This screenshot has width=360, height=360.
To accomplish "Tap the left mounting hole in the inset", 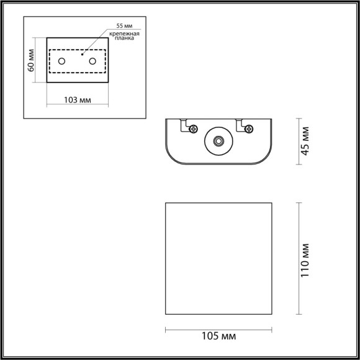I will tap(61, 61).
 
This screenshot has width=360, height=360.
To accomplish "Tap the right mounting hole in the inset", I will tap(93, 61).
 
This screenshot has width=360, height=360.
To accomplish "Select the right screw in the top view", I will tap(249, 128).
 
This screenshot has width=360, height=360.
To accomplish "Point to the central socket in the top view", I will tap(218, 142).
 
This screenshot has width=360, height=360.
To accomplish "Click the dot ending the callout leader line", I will tap(83, 55).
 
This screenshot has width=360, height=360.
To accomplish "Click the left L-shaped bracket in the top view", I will tap(185, 124).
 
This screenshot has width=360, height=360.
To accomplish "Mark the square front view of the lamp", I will tap(218, 259).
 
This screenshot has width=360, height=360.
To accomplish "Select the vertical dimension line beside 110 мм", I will tap(300, 259).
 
